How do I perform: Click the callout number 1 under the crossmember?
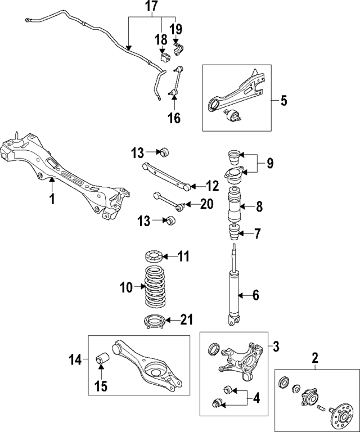[x=51, y=199]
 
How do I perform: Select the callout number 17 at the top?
[x=151, y=8]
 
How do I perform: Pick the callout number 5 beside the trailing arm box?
[x=283, y=101]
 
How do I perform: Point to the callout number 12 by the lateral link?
[x=211, y=186]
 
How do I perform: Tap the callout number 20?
[x=207, y=204]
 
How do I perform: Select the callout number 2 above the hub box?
[x=316, y=357]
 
